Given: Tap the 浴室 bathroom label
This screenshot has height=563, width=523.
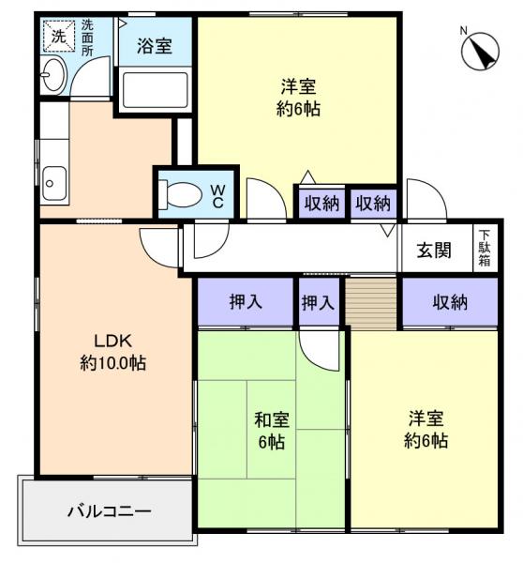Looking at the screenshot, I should [155, 46].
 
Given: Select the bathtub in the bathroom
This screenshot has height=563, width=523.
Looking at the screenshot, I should [155, 91].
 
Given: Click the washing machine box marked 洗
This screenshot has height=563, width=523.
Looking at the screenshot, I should [58, 38].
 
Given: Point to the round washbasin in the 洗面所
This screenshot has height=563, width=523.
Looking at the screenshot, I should [55, 74].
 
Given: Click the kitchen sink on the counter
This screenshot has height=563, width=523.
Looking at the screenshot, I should [54, 181].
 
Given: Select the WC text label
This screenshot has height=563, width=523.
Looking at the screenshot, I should [216, 195].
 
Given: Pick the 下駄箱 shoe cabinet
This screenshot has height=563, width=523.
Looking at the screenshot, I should [485, 249].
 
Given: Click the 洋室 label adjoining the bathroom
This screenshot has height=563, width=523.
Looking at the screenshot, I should [299, 98].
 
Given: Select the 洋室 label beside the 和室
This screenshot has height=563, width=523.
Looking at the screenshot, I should [426, 430].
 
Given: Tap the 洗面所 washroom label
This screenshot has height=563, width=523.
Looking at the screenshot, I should [87, 38].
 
